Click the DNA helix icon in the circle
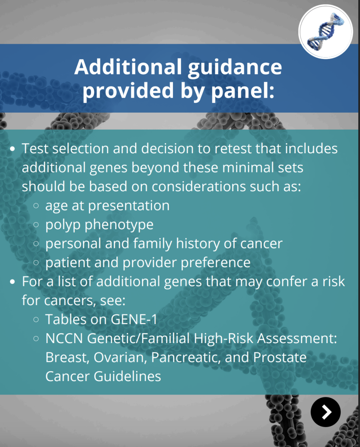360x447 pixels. tap(326, 31)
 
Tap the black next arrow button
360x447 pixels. tap(325, 412)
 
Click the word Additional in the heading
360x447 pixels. tap(128, 67)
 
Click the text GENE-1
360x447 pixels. tap(134, 319)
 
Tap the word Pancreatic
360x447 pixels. tap(186, 358)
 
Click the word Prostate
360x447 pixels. tap(280, 357)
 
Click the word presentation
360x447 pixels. tap(128, 206)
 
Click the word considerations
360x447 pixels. tap(198, 186)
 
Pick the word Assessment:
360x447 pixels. tap(297, 338)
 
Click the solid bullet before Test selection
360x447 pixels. tap(13, 149)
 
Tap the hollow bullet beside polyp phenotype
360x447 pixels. tap(36, 225)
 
